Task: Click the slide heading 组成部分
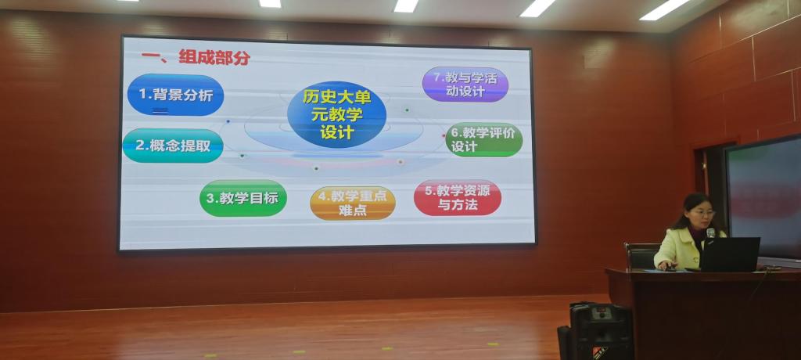pos(214,57)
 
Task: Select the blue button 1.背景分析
pos(175,95)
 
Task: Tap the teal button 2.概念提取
pos(173,146)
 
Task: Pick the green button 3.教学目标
pos(243,198)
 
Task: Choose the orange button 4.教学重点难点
pos(353,203)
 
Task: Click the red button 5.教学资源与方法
pos(457,197)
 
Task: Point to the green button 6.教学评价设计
pos(483,139)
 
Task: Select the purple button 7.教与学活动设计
pos(465,85)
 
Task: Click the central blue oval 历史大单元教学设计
pos(336,114)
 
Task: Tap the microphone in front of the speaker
pos(710,232)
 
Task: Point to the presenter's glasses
pos(702,212)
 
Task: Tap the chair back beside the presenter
pos(642,257)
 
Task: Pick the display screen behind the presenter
pos(763,199)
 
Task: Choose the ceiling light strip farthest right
pos(664,9)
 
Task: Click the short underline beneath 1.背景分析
pos(160,110)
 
